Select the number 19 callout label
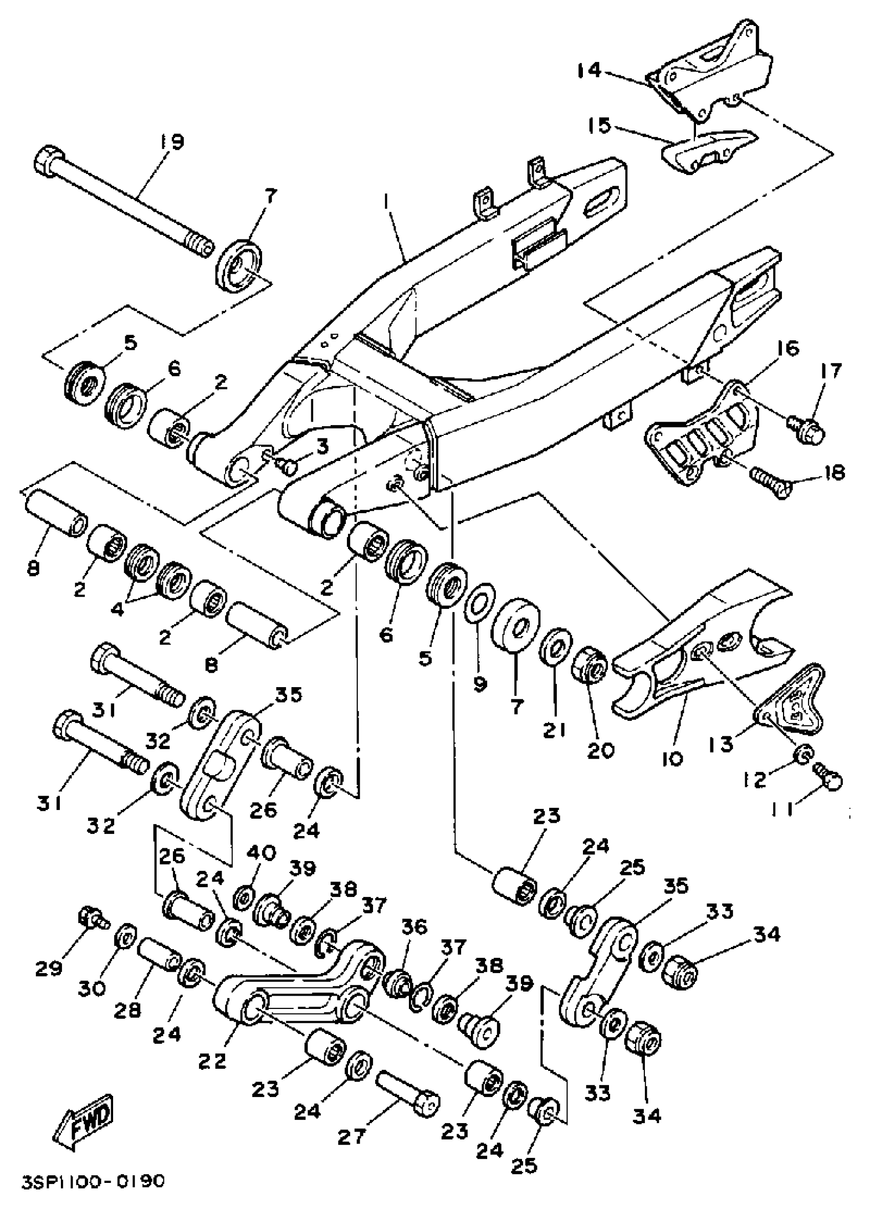pos(170,142)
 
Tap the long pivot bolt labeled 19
pos(123,203)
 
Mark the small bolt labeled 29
pos(91,917)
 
